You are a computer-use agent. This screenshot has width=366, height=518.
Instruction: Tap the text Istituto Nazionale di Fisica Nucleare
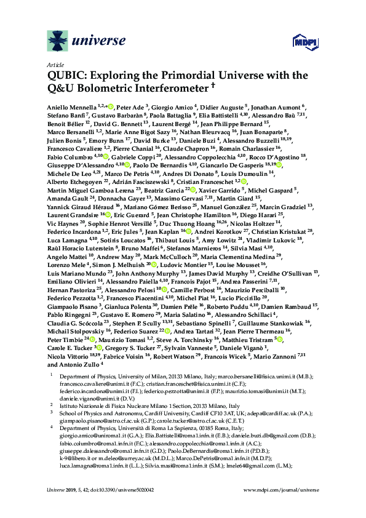pos(105,406)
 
